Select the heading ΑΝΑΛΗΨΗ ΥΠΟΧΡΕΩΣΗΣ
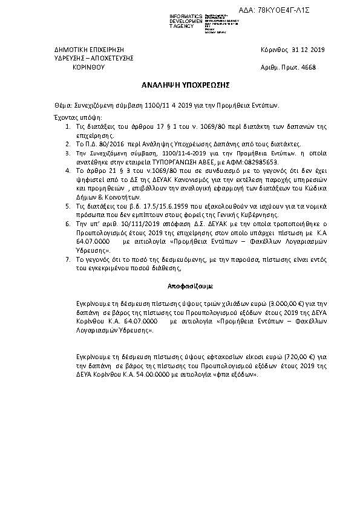(x=179, y=85)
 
